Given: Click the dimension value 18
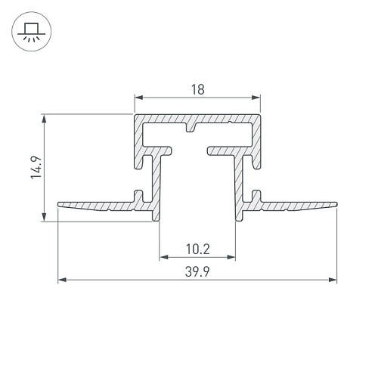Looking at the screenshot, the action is (x=198, y=90).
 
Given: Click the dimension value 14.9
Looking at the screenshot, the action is (x=36, y=168).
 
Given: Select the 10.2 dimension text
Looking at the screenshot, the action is (x=198, y=249).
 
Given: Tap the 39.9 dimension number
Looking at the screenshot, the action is (x=197, y=271).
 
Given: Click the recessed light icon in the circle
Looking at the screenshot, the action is (x=32, y=32).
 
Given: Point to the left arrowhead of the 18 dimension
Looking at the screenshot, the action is (x=139, y=98).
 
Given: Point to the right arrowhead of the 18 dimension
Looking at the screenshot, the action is (x=256, y=98).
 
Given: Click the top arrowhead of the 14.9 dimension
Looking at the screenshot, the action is (x=44, y=119).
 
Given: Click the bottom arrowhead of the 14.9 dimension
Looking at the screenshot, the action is (x=44, y=217).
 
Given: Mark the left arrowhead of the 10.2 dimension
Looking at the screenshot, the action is (x=164, y=257).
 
